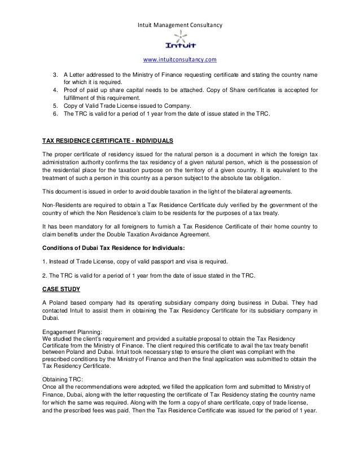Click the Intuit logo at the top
click(x=179, y=41)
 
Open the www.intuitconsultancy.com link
click(x=180, y=59)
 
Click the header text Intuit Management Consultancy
click(x=180, y=25)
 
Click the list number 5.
click(x=55, y=105)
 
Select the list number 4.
click(x=55, y=90)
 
